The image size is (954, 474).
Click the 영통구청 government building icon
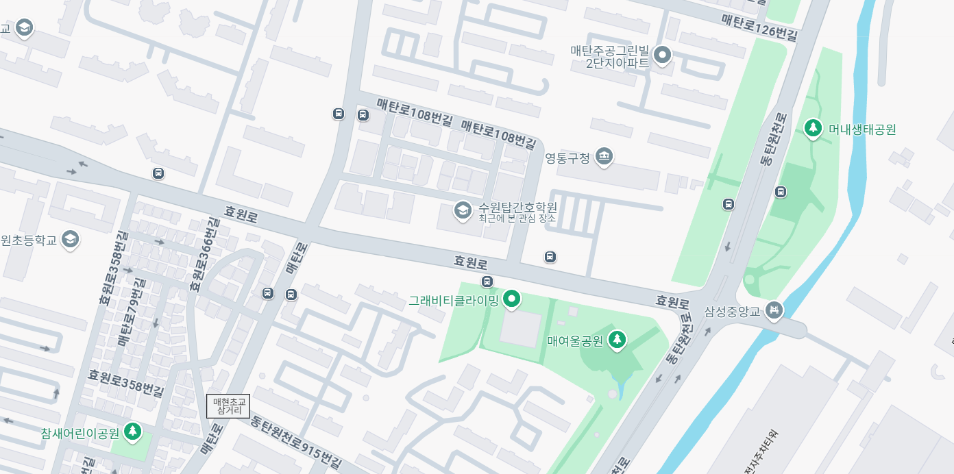[604, 158]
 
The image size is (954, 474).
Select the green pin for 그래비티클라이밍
[511, 299]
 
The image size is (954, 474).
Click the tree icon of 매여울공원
[617, 340]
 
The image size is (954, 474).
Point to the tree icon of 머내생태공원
[813, 128]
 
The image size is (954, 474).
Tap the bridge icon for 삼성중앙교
[774, 311]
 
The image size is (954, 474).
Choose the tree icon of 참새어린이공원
[132, 432]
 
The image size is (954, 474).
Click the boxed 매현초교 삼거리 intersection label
[228, 406]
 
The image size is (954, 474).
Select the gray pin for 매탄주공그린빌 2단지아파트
[662, 55]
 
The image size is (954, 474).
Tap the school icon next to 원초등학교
[70, 240]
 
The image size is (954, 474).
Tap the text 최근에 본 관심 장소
[517, 219]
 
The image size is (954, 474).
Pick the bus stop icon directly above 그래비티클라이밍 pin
[487, 282]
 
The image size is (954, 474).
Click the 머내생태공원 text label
[862, 129]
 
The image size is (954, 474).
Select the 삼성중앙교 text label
[733, 312]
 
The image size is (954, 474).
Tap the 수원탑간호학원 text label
[517, 207]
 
